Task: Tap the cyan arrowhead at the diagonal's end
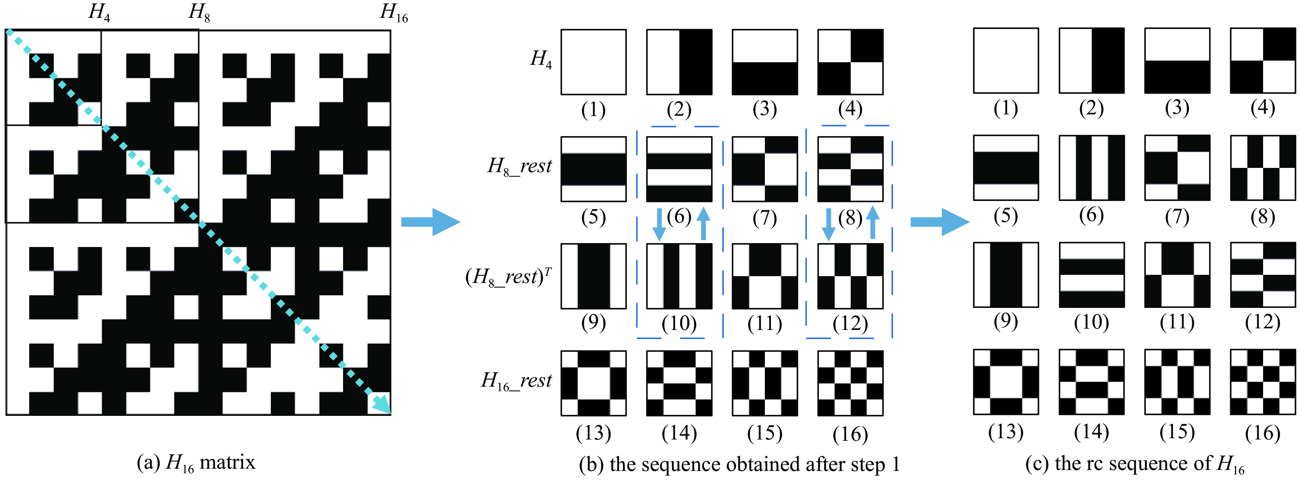[x=382, y=405]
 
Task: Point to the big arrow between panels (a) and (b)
[x=430, y=221]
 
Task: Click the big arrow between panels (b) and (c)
[x=939, y=221]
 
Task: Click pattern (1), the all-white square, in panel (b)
[x=593, y=62]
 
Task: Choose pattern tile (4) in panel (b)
[x=850, y=62]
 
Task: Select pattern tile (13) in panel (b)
[x=593, y=383]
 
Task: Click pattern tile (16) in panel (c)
[x=1263, y=381]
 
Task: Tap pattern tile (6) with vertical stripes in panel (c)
[x=1091, y=167]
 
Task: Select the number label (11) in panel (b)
[x=765, y=324]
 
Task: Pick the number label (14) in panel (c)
[x=1091, y=432]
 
